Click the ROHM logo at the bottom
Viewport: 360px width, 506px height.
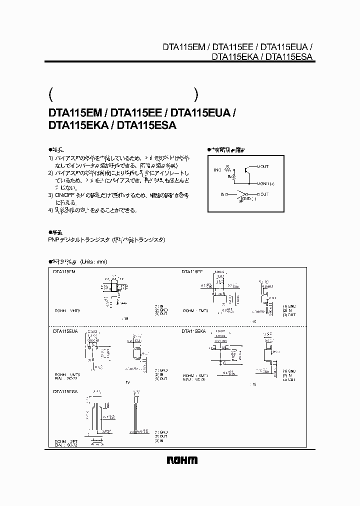tap(180, 460)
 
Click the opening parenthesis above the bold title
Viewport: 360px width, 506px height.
tap(50, 94)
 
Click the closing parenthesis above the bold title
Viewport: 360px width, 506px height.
tap(196, 94)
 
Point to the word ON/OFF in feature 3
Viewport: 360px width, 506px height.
tap(66, 194)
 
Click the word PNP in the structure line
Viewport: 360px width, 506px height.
tap(53, 240)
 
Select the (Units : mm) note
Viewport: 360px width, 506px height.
tap(93, 261)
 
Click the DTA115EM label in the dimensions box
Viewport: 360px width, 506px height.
tap(64, 271)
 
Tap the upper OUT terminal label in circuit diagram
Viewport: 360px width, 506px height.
tap(264, 166)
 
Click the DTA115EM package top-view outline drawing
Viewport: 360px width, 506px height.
tap(114, 286)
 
